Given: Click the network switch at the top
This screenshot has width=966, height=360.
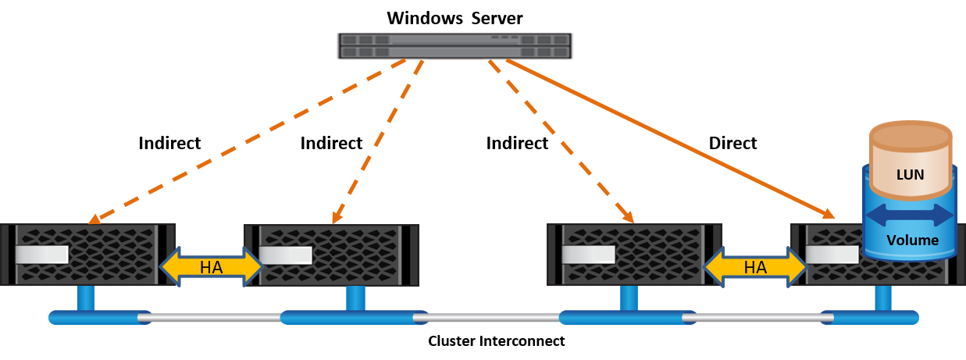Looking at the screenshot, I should tap(454, 46).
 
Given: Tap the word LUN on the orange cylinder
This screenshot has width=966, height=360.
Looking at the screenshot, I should tap(911, 175).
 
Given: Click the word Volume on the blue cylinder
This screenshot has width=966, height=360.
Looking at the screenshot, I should tap(912, 241).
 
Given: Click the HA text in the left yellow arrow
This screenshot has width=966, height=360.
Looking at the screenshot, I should tap(211, 267).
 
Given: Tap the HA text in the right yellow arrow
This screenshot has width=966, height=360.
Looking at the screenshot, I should tap(754, 267).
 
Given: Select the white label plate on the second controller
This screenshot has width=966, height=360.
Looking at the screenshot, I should tap(286, 255).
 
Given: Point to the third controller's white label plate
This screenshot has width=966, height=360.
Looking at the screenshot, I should tap(588, 255).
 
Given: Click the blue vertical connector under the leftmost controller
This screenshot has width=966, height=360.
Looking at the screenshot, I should tap(85, 298).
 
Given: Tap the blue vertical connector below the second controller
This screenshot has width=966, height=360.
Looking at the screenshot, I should tap(355, 298).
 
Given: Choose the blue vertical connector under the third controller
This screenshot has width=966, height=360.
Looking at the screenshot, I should tap(628, 298).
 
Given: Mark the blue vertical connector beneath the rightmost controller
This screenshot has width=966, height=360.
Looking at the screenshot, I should tap(882, 298).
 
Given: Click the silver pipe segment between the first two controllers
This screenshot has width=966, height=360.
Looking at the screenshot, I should tap(215, 318).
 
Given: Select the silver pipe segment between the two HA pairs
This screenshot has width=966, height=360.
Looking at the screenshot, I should tap(492, 318).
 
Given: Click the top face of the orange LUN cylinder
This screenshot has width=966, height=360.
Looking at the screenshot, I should tap(911, 135).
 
